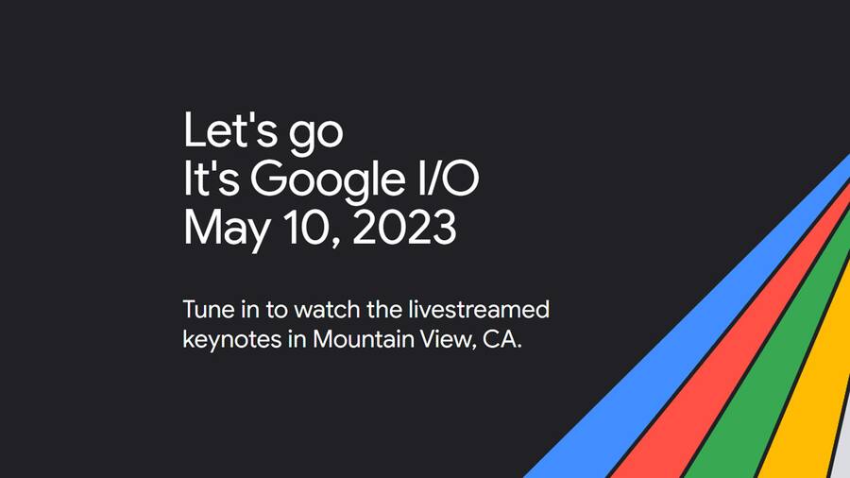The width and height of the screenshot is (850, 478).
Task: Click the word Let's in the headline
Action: [230, 130]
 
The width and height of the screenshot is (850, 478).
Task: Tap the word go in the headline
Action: [316, 135]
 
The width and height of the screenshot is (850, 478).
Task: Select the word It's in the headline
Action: [212, 178]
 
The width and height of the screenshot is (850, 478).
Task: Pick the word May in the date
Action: [227, 230]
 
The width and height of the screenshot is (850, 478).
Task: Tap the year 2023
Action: [404, 227]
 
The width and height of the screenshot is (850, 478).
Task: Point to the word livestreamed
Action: [479, 310]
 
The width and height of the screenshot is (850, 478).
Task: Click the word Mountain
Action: [364, 339]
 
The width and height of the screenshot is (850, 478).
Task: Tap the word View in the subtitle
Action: [448, 340]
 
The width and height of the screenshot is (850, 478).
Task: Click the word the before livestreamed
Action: [383, 310]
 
